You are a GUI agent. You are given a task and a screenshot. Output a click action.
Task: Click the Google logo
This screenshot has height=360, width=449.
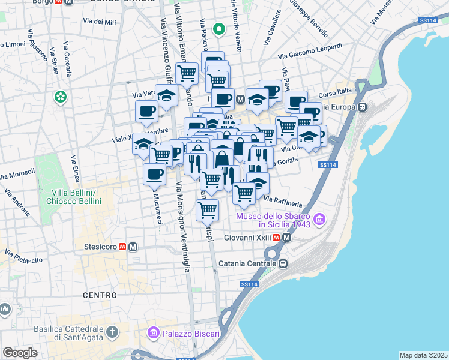pos(20,353)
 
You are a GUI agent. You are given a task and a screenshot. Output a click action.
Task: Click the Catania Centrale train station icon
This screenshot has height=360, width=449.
pos(282,263)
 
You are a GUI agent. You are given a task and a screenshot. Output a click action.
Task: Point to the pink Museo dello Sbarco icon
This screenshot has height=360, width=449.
pos(320,220)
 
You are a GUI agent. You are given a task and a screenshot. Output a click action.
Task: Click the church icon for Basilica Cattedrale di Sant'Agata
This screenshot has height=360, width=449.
pos(112,332)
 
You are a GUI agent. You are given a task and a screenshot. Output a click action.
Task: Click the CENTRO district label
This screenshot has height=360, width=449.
pos(100,295)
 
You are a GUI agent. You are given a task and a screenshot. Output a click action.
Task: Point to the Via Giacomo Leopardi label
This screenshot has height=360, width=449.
pos(310,51)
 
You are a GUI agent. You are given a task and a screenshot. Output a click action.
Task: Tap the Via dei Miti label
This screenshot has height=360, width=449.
pos(100,22)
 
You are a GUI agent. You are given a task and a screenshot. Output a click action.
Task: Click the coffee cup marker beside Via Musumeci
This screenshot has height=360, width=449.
pos(154,175)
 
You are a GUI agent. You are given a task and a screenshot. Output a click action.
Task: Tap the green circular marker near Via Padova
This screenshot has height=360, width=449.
pos(219,28)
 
